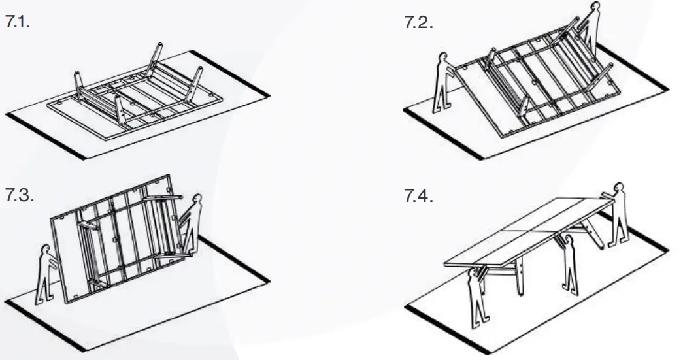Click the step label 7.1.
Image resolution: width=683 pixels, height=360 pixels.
19,23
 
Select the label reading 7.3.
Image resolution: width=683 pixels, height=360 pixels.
19,197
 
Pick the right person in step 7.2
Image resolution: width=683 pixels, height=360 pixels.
590,29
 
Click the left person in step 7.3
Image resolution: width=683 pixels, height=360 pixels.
45,275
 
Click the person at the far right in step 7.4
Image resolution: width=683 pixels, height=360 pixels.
618,216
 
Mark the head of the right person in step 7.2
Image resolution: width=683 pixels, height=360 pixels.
595,8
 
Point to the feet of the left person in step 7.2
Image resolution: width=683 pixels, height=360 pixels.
442,106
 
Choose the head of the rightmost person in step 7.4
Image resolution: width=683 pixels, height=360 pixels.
619,188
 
